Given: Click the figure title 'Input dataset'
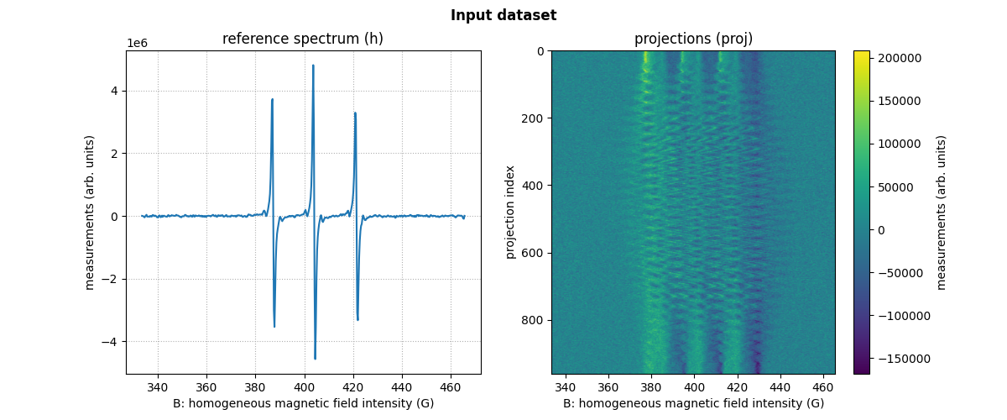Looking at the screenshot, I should (503, 15).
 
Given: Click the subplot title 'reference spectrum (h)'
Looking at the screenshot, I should (303, 39).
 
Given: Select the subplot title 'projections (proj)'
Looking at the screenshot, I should (693, 39).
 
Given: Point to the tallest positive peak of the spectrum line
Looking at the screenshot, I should (313, 66).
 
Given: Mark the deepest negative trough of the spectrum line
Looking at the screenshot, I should (316, 359).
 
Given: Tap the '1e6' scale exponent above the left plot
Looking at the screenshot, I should (137, 43).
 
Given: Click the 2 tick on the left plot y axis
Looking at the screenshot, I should (117, 154).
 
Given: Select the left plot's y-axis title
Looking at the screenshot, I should (90, 213).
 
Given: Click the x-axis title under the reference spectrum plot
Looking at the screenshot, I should (303, 403).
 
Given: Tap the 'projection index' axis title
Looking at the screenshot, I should (510, 213).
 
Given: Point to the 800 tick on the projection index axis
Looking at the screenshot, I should (535, 320).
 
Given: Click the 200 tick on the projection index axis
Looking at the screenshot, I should (535, 118).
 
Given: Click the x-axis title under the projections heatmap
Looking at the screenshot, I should (693, 403).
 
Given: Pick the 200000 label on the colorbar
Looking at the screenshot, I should (902, 58).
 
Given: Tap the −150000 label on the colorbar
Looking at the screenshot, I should (899, 359).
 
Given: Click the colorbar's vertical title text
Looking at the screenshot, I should (942, 213).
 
